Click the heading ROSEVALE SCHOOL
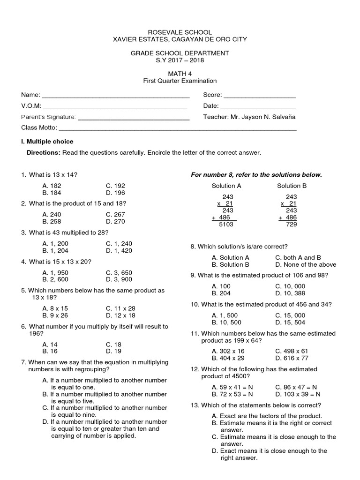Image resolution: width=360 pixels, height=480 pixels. (180, 32)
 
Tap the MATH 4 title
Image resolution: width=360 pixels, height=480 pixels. (180, 74)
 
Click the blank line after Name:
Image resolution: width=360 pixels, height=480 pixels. (115, 96)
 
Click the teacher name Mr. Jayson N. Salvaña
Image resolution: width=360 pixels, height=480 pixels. (267, 117)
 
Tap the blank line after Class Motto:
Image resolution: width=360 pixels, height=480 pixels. (178, 128)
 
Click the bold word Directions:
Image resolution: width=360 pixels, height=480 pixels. (44, 153)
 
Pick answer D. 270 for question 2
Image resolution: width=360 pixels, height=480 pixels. (115, 221)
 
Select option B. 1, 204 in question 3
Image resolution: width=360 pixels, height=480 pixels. (55, 250)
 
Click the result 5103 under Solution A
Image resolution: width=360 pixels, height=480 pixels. (226, 225)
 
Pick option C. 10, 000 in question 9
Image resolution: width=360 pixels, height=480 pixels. (290, 286)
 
